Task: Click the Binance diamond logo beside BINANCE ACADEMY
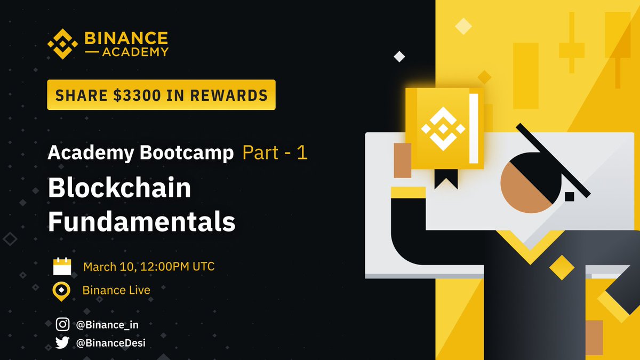point(63,44)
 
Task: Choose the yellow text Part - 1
point(275,154)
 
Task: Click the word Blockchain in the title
point(119,188)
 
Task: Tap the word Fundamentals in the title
point(141,222)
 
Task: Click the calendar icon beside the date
point(62,266)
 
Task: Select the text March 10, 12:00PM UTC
point(149,266)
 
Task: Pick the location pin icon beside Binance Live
point(62,291)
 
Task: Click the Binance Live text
point(116,291)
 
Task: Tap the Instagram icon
point(62,324)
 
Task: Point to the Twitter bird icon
point(62,342)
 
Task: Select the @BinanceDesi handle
point(111,343)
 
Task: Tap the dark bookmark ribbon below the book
point(445,179)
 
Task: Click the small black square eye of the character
point(569,196)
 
